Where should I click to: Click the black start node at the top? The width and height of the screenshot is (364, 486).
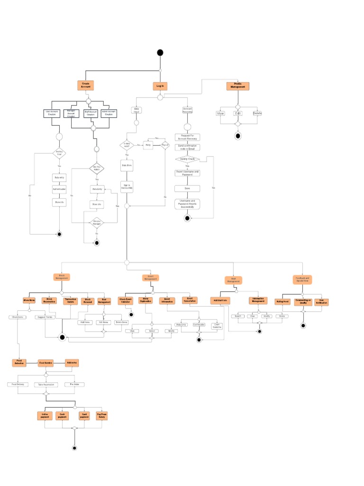[160, 52]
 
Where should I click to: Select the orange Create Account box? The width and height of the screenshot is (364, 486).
[86, 85]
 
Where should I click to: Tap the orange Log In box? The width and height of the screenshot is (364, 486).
[160, 86]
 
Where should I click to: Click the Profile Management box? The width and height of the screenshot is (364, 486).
[238, 86]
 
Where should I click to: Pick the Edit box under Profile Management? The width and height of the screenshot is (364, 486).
[238, 113]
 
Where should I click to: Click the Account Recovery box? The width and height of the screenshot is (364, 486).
[187, 110]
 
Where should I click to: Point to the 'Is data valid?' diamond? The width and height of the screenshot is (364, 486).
[127, 145]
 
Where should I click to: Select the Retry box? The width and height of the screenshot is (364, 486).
[148, 145]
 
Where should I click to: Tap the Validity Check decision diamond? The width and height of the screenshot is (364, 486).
[187, 159]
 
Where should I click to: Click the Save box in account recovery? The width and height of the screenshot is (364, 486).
[187, 188]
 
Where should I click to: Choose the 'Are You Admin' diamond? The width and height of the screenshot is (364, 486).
[97, 168]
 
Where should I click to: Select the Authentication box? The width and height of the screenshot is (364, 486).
[59, 189]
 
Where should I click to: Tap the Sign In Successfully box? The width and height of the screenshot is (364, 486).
[127, 187]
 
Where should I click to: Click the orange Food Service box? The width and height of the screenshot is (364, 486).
[46, 363]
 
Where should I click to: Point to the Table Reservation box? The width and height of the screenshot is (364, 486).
[46, 385]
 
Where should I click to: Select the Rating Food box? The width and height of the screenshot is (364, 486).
[283, 301]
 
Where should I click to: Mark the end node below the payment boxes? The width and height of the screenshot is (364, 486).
[74, 448]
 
